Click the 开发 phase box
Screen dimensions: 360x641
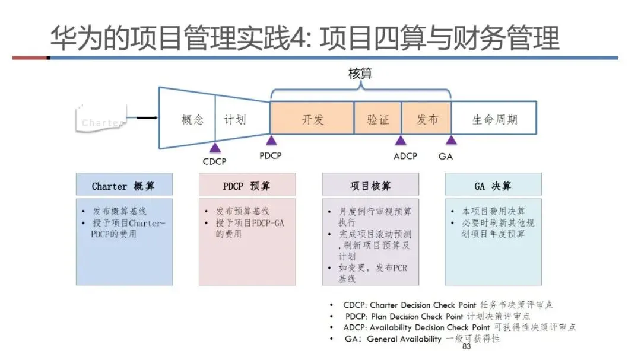[x=312, y=119]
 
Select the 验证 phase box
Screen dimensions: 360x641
[x=378, y=119]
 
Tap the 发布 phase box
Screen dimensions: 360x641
[x=427, y=119]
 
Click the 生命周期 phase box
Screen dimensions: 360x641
[x=494, y=119]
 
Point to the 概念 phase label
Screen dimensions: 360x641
[x=192, y=120]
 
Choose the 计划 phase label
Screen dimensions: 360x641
[x=234, y=120]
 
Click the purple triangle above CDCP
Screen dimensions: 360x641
[x=215, y=146]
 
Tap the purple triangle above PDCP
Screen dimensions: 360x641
[x=271, y=141]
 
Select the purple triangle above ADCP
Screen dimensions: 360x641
[x=401, y=141]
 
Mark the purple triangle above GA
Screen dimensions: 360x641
[x=451, y=141]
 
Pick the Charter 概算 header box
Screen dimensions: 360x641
[x=124, y=185]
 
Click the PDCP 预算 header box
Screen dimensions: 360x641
[x=247, y=185]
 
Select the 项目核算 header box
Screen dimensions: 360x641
[x=370, y=185]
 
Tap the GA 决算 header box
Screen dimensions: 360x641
[x=493, y=185]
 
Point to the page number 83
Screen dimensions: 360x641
[x=466, y=346]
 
